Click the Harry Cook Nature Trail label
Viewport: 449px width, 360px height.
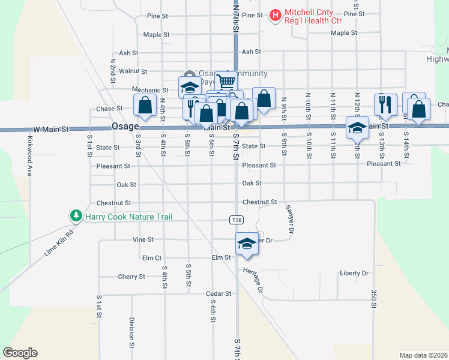tap(128, 216)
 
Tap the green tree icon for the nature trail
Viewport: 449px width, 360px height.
tap(76, 215)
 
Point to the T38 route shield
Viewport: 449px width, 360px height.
tap(237, 220)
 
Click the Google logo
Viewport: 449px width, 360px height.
tap(20, 353)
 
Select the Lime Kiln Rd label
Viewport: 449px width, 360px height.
tap(58, 243)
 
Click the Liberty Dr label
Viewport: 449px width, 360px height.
tap(354, 273)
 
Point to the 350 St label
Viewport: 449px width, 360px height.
tap(373, 298)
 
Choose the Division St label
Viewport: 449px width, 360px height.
tap(131, 332)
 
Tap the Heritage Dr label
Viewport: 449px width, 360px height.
tap(254, 280)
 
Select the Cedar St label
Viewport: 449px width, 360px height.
tap(218, 293)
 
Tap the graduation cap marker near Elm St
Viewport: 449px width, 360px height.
tap(246, 244)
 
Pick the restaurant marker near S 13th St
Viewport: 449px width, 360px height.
tap(385, 104)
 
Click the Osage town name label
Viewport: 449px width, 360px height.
tap(125, 127)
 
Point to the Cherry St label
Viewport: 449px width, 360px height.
tap(131, 277)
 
